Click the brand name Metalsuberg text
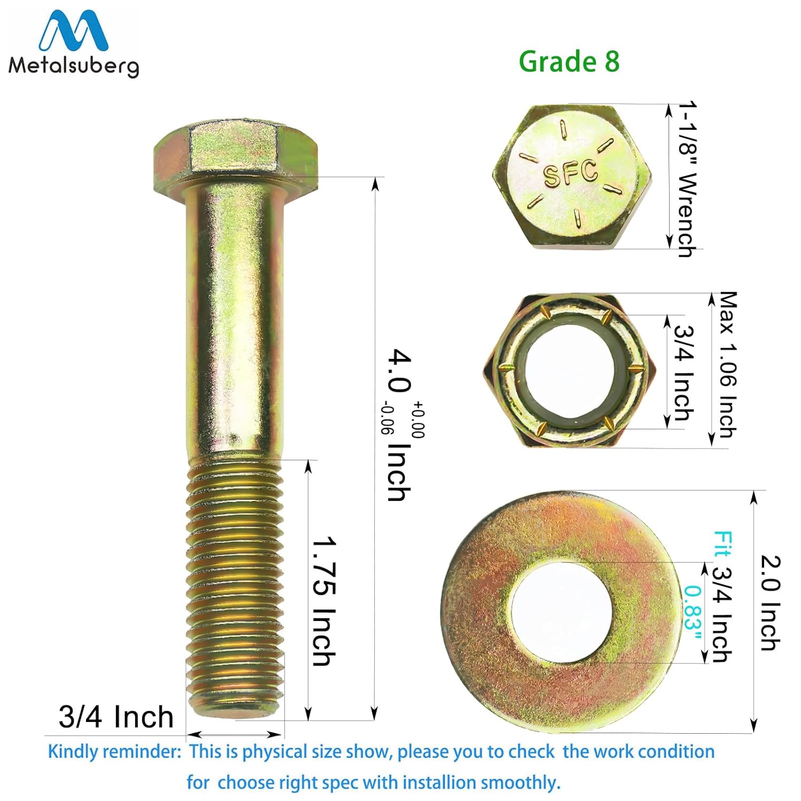pyautogui.click(x=74, y=66)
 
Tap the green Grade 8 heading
pyautogui.click(x=569, y=61)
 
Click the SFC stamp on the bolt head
pyautogui.click(x=570, y=174)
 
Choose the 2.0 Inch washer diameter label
pyautogui.click(x=771, y=603)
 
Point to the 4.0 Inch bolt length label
pyautogui.click(x=399, y=425)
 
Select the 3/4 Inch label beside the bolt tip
pyautogui.click(x=116, y=717)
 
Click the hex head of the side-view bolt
pyautogui.click(x=235, y=152)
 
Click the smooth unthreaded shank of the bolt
pyautogui.click(x=235, y=320)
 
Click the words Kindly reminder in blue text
pyautogui.click(x=114, y=752)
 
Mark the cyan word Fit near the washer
pyautogui.click(x=723, y=544)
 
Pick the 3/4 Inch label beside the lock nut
pyautogui.click(x=684, y=373)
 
